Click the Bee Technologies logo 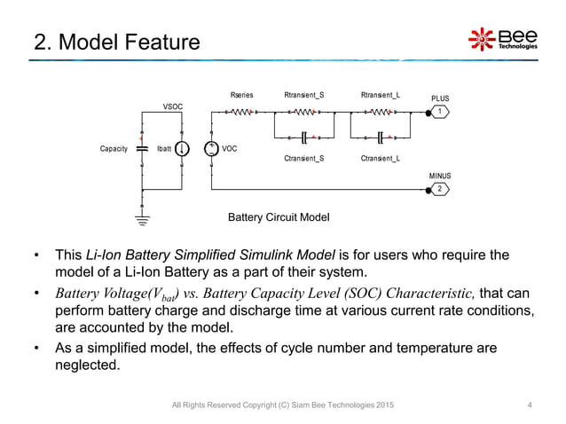click(x=502, y=39)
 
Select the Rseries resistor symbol click(x=240, y=112)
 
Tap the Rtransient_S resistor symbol click(x=303, y=112)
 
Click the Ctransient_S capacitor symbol click(x=303, y=137)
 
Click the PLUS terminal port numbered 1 click(x=439, y=112)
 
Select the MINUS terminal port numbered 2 click(x=439, y=189)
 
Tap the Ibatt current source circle click(x=182, y=150)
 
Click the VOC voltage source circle click(x=211, y=150)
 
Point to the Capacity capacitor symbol click(x=142, y=150)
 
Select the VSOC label click(x=172, y=106)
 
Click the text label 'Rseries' click(x=240, y=93)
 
